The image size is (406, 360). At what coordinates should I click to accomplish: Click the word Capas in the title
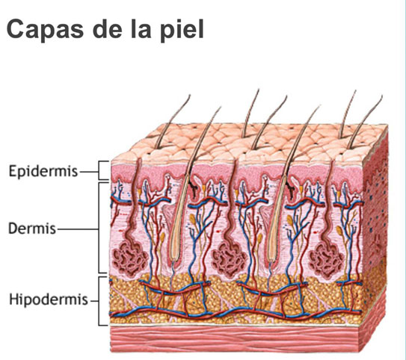45,29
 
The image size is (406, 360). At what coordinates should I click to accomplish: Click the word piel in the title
182,28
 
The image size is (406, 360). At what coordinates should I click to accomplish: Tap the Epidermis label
43,171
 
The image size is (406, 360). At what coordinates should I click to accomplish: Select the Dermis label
32,229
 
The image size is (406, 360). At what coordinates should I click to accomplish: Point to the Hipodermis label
49,300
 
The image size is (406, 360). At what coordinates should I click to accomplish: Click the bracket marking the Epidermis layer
99,170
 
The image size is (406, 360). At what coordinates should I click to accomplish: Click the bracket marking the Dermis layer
99,228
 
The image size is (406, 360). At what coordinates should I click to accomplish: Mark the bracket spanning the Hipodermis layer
99,301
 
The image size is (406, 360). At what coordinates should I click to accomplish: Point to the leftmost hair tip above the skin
190,95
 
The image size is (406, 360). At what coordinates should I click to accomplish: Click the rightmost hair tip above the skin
381,96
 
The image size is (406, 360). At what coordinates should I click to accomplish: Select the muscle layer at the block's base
236,339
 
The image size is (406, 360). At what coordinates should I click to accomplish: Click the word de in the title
107,29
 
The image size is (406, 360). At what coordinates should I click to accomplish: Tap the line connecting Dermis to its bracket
78,229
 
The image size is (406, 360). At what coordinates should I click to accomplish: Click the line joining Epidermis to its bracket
89,171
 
